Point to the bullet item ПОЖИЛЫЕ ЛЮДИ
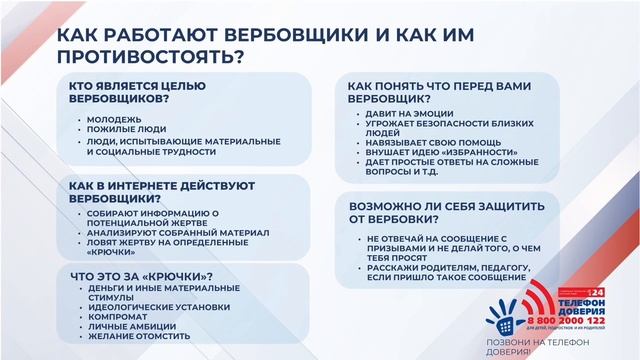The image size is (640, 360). click(123, 130)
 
